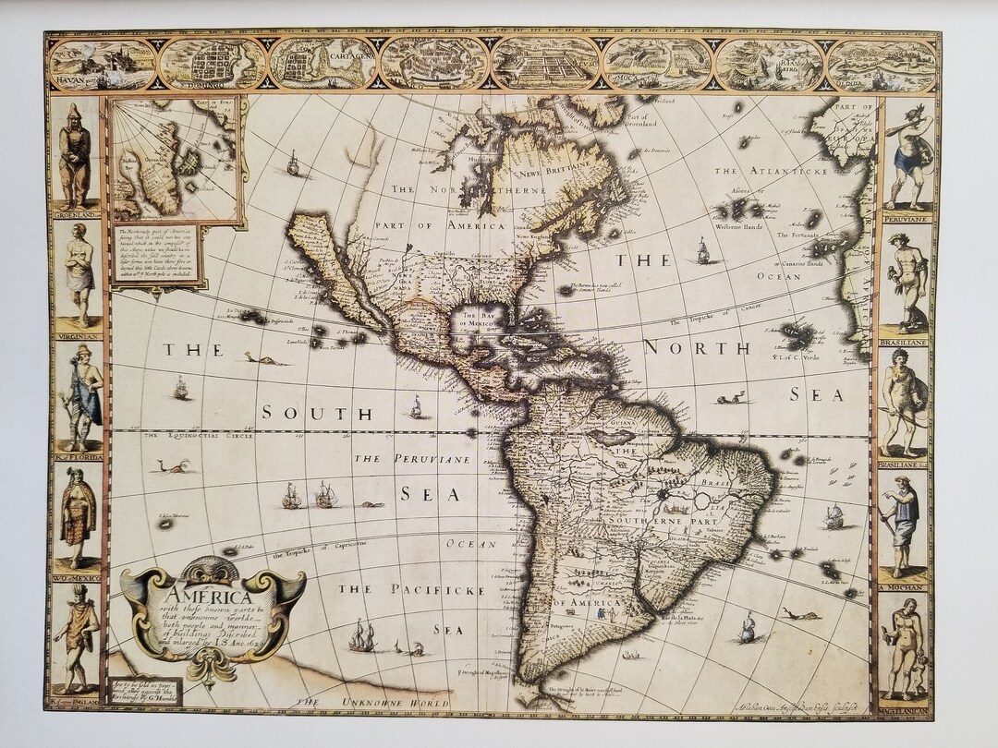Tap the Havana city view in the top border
point(103,63)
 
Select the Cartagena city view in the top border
point(323,63)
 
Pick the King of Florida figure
point(81,397)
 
